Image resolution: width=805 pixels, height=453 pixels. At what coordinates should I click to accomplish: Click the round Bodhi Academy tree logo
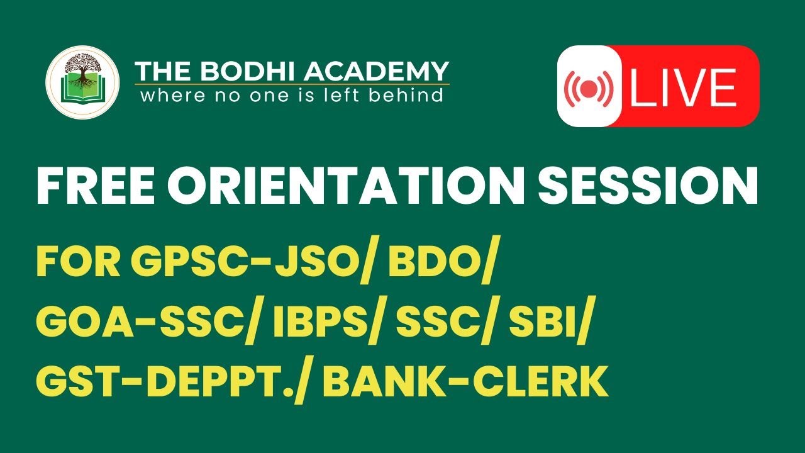click(x=82, y=82)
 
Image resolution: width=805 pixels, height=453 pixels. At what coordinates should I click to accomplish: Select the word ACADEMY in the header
click(x=377, y=71)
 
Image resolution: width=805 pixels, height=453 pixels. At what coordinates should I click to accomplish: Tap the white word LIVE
click(x=683, y=87)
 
